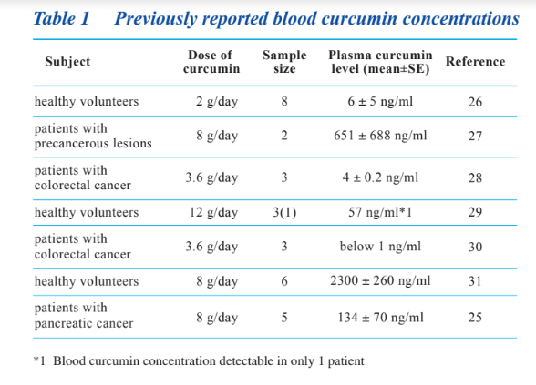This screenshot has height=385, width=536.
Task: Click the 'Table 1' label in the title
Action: [x=62, y=18]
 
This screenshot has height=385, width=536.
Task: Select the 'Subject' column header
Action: [x=67, y=62]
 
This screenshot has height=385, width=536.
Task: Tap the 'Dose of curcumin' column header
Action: [x=211, y=62]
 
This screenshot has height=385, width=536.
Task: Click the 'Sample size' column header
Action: [x=284, y=62]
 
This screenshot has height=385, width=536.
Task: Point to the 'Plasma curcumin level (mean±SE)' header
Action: [x=380, y=62]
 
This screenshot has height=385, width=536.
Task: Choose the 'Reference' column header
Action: [x=476, y=62]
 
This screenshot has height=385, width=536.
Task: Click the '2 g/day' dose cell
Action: [x=217, y=102]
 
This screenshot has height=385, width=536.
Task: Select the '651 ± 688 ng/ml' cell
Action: [x=380, y=136]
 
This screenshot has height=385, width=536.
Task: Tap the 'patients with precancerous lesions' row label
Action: [x=93, y=136]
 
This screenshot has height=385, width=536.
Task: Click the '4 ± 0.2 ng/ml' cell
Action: [x=380, y=177]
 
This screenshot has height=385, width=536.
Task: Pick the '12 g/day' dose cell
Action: [x=213, y=212]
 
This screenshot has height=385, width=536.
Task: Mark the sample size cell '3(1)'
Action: [x=284, y=212]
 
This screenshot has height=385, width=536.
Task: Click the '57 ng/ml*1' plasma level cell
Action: [x=380, y=212]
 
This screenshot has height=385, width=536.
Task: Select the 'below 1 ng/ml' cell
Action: [x=380, y=247]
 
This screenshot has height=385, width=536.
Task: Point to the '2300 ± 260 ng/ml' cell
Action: [x=380, y=281]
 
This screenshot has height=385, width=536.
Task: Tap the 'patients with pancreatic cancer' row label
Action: [x=84, y=315]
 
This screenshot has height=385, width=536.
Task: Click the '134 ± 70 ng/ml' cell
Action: [x=380, y=318]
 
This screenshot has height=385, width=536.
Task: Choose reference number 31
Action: [x=475, y=281]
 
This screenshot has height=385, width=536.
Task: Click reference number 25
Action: [x=475, y=318]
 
